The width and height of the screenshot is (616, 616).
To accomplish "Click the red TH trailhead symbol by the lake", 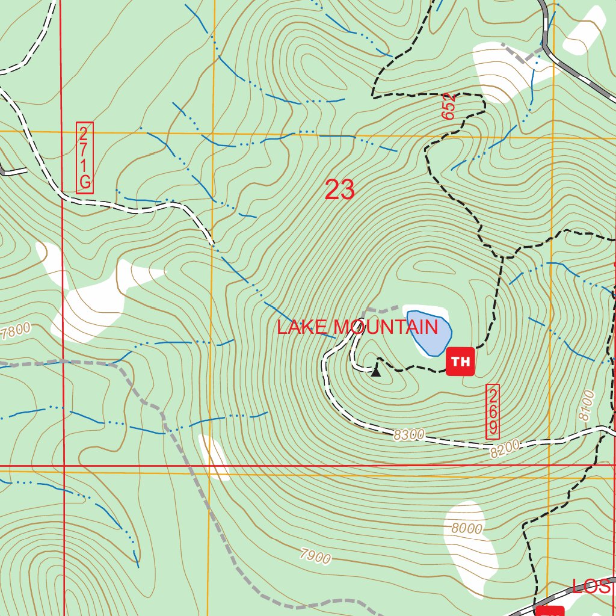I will coord(460,362).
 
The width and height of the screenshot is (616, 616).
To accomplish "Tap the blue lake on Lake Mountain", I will coord(429,331).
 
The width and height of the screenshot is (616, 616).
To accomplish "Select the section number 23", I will coord(339,190).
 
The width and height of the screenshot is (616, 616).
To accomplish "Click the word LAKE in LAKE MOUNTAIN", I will coord(303,327).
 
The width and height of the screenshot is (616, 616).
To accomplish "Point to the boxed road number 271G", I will coord(85,158).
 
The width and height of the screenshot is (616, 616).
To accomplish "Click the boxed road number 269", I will coord(493,411).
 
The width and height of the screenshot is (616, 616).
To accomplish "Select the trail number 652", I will coord(449,106).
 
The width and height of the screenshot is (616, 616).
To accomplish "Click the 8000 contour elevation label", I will coord(466,529).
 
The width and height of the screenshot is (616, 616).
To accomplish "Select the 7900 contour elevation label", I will coord(315,556).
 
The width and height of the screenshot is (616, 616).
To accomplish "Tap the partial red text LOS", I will coord(593,587).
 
